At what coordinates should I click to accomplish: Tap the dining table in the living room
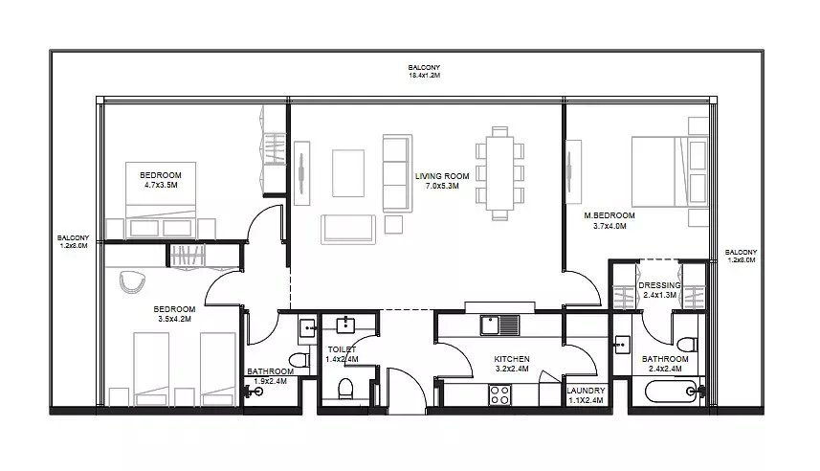pyautogui.click(x=500, y=172)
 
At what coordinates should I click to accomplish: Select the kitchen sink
pyautogui.click(x=500, y=325)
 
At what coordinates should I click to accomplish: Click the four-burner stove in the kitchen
pyautogui.click(x=500, y=394)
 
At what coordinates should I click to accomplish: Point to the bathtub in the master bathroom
pyautogui.click(x=672, y=391)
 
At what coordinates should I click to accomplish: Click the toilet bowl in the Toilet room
pyautogui.click(x=345, y=389)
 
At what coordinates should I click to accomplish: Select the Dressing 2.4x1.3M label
pyautogui.click(x=659, y=290)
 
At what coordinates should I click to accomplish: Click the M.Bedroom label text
pyautogui.click(x=609, y=215)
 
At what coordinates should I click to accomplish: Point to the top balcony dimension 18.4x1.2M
pyautogui.click(x=424, y=76)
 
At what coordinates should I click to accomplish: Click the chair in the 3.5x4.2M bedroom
pyautogui.click(x=132, y=282)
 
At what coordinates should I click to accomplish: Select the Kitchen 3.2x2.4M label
pyautogui.click(x=512, y=364)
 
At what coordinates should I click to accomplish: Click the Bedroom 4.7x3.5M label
pyautogui.click(x=161, y=180)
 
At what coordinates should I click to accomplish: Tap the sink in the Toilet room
pyautogui.click(x=346, y=325)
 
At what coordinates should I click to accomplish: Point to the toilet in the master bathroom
pyautogui.click(x=687, y=345)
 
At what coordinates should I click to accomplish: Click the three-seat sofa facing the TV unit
pyautogui.click(x=397, y=173)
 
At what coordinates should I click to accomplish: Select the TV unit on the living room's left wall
pyautogui.click(x=301, y=172)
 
